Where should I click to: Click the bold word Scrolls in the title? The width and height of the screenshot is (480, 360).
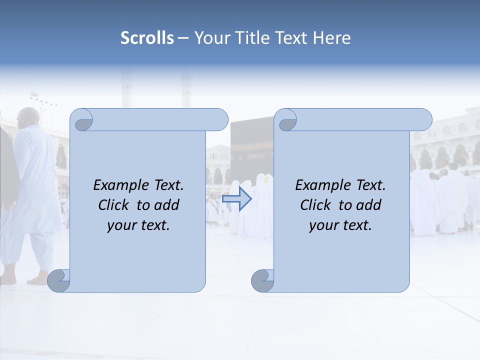click(147, 38)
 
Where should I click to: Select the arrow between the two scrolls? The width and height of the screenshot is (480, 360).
click(236, 199)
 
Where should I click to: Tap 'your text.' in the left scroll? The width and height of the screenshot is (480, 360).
click(138, 225)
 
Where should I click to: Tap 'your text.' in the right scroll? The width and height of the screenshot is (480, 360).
click(340, 225)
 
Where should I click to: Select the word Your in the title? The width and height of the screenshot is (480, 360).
click(210, 38)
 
